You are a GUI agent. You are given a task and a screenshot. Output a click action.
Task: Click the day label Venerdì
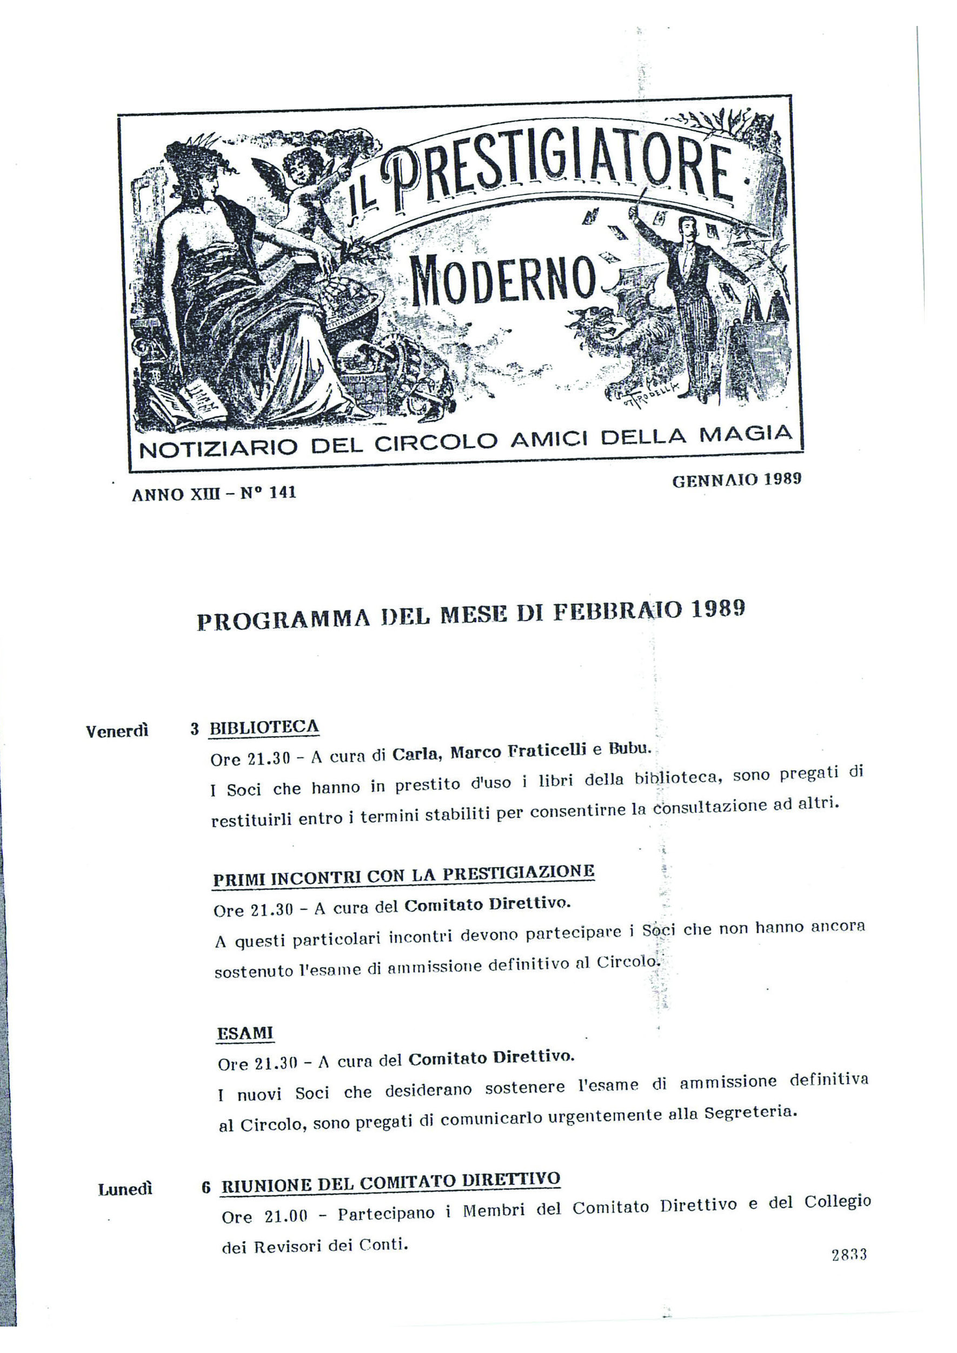pyautogui.click(x=117, y=731)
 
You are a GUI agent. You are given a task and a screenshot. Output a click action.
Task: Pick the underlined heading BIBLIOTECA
pyautogui.click(x=264, y=728)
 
